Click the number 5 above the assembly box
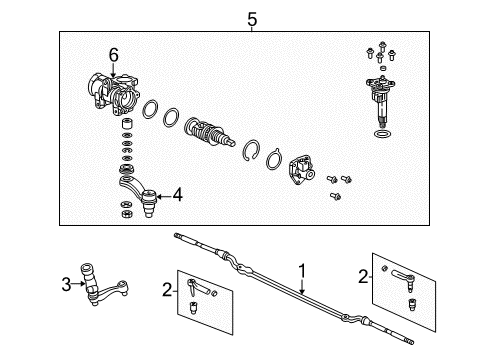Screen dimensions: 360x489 [251, 17]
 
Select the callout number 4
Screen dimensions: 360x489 [177, 195]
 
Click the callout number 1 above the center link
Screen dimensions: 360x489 [301, 270]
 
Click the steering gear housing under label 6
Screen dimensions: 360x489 [114, 94]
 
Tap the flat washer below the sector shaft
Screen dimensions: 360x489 [383, 132]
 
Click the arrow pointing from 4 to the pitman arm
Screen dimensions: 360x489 [162, 195]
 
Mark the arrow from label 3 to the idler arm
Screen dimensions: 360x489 [78, 284]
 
